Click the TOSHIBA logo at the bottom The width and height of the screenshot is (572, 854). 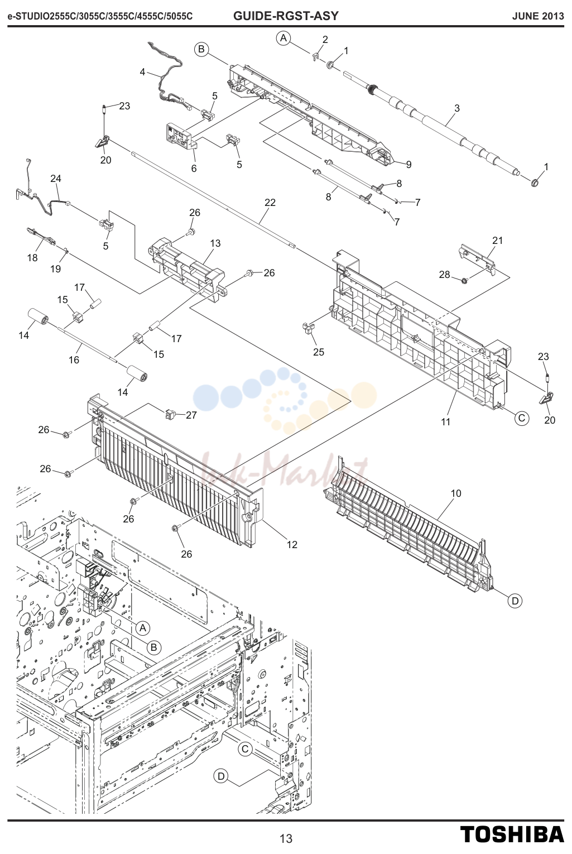point(512,834)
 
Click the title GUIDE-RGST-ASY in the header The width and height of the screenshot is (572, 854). point(286,16)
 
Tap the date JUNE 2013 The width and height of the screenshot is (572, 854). point(538,16)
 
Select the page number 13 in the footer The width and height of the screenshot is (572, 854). point(286,838)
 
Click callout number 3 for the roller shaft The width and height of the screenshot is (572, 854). point(457,108)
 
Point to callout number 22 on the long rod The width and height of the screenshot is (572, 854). point(270,203)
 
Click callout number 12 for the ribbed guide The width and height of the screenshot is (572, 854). point(292,544)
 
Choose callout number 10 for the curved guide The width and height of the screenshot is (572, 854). point(456,493)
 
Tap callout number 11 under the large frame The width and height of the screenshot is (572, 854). point(445,421)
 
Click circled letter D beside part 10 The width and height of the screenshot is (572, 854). point(515,601)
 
